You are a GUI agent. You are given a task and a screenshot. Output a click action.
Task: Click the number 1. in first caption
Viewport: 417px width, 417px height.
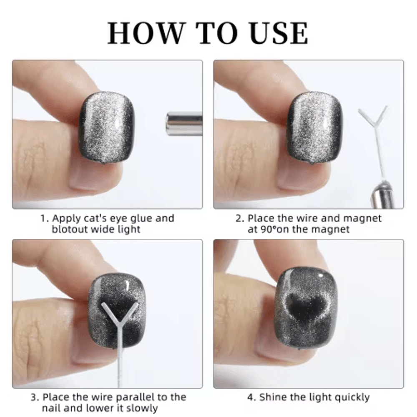click(x=45, y=218)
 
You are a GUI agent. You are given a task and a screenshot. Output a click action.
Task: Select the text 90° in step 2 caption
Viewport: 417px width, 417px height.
click(x=269, y=229)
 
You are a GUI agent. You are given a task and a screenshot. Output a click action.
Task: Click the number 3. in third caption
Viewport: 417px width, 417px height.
click(x=35, y=397)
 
